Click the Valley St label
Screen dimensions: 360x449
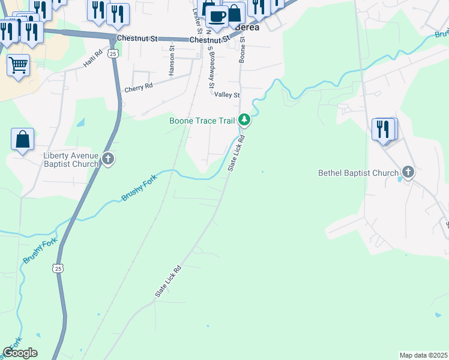227,95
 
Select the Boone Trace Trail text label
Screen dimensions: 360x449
202,121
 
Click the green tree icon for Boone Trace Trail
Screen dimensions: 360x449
244,120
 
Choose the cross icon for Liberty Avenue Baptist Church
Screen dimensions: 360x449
108,159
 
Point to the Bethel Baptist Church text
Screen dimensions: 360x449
358,173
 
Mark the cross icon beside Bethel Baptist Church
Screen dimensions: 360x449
408,173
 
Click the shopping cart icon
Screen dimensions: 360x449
18,64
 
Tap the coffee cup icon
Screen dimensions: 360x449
217,16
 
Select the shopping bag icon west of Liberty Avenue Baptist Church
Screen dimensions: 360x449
22,139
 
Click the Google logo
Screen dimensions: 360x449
20,353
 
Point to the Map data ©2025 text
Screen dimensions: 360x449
423,355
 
